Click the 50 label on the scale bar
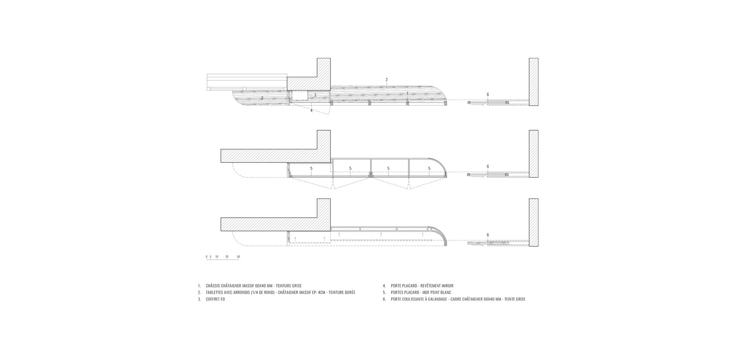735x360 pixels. (239, 257)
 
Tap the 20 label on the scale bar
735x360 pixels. (227, 257)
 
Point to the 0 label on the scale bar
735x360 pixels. (207, 257)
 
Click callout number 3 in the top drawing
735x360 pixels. (315, 95)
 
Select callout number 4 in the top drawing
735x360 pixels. (311, 110)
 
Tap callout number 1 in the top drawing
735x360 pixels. (407, 93)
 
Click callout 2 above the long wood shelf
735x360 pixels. (387, 79)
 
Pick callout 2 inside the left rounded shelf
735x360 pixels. (262, 98)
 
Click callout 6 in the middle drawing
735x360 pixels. (488, 167)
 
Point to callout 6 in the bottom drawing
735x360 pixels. (488, 235)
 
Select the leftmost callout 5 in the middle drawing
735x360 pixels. (311, 168)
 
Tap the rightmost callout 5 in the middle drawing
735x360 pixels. (429, 168)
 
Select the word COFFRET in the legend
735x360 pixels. (213, 299)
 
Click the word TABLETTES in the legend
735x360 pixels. (215, 293)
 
